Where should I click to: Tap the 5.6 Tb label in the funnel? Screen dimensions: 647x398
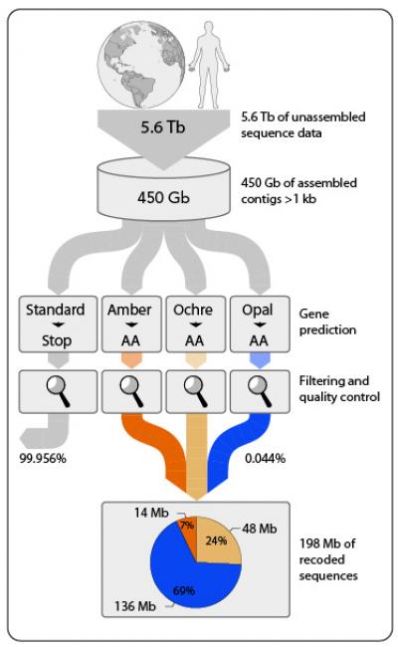(x=167, y=128)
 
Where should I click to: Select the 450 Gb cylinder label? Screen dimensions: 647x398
(x=167, y=195)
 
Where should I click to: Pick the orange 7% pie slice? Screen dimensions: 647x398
(x=186, y=527)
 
